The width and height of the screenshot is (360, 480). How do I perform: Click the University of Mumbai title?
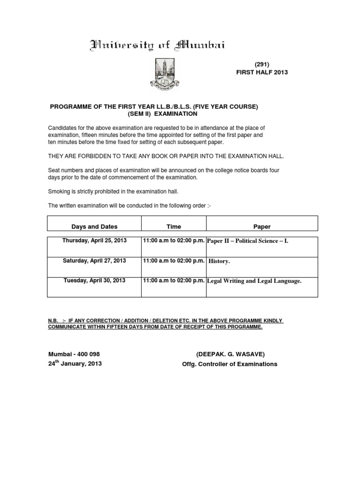[157, 45]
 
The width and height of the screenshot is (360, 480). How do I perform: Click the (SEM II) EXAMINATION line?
[162, 114]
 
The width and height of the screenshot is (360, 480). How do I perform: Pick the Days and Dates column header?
[94, 226]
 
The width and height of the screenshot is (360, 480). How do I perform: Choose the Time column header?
[173, 226]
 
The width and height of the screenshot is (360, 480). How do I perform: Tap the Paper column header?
[262, 226]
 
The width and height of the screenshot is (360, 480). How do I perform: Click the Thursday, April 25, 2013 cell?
[94, 240]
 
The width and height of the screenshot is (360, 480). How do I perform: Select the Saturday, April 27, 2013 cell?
[94, 261]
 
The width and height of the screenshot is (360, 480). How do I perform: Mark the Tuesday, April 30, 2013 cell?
[94, 280]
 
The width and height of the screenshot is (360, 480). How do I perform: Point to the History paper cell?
[219, 261]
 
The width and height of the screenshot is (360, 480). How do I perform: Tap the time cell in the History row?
[173, 261]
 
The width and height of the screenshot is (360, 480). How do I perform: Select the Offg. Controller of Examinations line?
[229, 364]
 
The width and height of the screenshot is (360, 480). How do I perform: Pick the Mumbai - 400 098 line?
[74, 354]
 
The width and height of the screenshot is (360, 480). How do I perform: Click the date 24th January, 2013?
[75, 364]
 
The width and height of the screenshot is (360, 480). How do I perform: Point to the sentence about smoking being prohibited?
[113, 192]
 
